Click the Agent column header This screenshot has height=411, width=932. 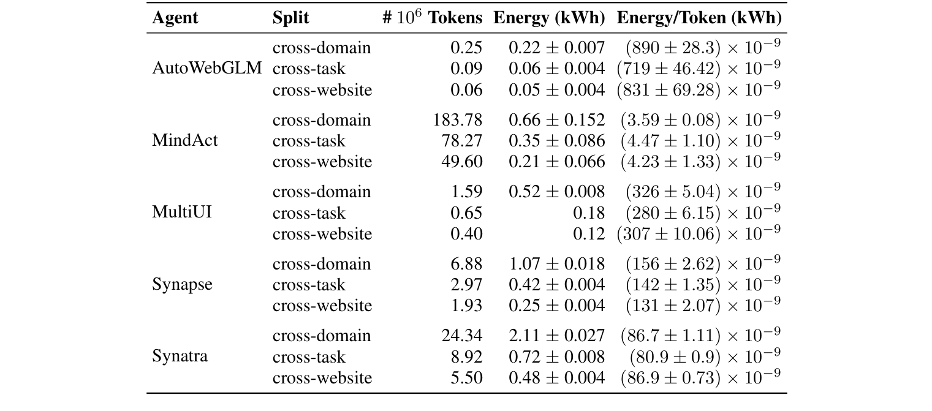coord(175,18)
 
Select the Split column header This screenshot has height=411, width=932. coord(290,18)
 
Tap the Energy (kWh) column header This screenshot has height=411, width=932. coord(549,18)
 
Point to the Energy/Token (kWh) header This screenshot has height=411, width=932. coord(699,18)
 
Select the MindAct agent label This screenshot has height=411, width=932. coord(184,141)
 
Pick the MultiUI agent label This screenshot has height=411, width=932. coord(182,213)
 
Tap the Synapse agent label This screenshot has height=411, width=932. coord(183,285)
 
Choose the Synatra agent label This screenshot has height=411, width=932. coord(180,356)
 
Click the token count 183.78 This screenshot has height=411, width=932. coord(458,120)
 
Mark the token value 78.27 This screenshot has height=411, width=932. coord(462,141)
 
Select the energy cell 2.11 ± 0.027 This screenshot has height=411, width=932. coord(556,336)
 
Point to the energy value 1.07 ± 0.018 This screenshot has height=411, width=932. coord(556,264)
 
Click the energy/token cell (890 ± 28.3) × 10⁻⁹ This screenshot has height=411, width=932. coord(702,48)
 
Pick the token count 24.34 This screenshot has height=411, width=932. coord(462,336)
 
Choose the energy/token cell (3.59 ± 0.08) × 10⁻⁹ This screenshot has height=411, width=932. coord(700,120)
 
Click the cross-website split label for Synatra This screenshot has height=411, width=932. coord(322,378)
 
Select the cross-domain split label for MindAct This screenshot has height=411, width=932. coord(322,120)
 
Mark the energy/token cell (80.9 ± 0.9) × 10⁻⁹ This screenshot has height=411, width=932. coord(705,356)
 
